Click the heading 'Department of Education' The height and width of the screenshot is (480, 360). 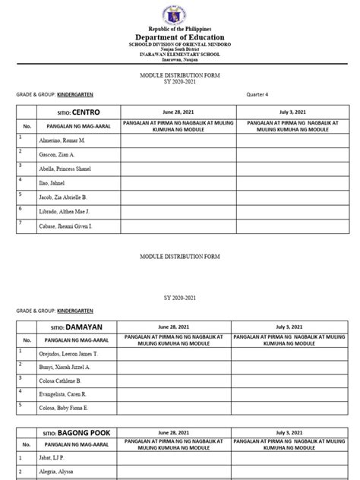click(180, 38)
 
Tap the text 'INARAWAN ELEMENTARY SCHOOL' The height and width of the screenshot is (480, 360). click(180, 55)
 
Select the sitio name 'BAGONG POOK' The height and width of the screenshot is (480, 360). click(81, 433)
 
